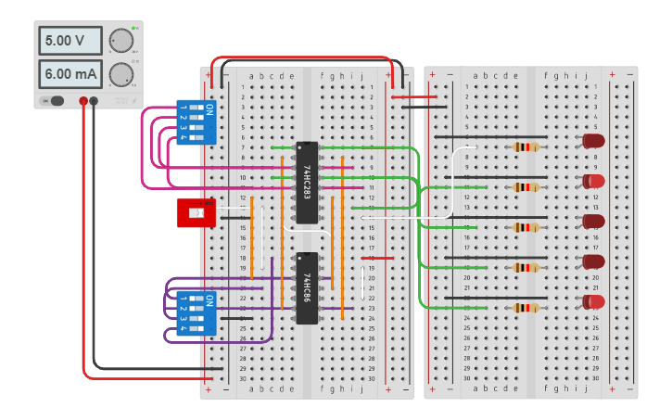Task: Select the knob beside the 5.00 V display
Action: point(120,41)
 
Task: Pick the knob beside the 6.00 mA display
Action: point(120,74)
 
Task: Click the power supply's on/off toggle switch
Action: point(53,100)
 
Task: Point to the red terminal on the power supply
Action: point(83,100)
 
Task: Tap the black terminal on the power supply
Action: point(94,100)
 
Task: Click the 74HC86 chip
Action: point(307,287)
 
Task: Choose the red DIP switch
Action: point(195,212)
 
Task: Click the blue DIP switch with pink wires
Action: point(196,121)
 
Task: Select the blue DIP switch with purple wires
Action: point(196,313)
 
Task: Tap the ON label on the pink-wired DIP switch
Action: point(209,110)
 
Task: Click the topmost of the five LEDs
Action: point(592,141)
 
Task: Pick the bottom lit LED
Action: point(592,301)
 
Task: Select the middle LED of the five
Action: point(592,222)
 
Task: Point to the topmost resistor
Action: point(526,146)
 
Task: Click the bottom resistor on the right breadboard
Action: point(526,308)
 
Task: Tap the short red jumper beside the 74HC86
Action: point(383,258)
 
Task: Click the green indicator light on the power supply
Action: point(134,29)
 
